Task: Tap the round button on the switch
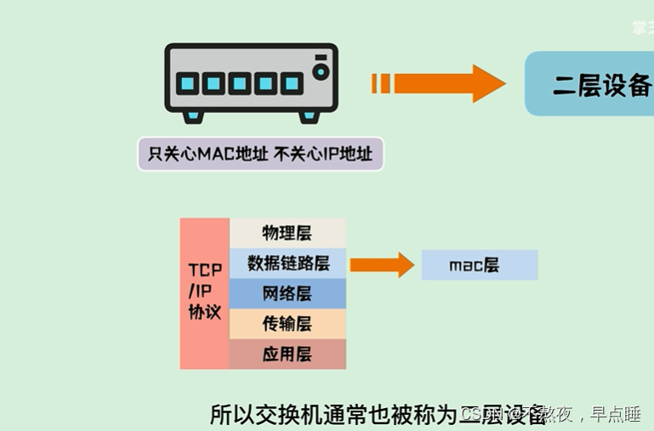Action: pyautogui.click(x=320, y=72)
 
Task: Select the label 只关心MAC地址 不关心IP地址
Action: pyautogui.click(x=260, y=154)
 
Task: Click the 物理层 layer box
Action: pyautogui.click(x=287, y=233)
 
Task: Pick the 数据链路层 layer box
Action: pyautogui.click(x=287, y=263)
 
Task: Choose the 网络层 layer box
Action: pyautogui.click(x=287, y=293)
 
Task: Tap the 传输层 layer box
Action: pyautogui.click(x=287, y=324)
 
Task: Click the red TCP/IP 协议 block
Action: pyautogui.click(x=204, y=292)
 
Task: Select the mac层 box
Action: pyautogui.click(x=479, y=265)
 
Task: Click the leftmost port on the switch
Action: pyautogui.click(x=189, y=83)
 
